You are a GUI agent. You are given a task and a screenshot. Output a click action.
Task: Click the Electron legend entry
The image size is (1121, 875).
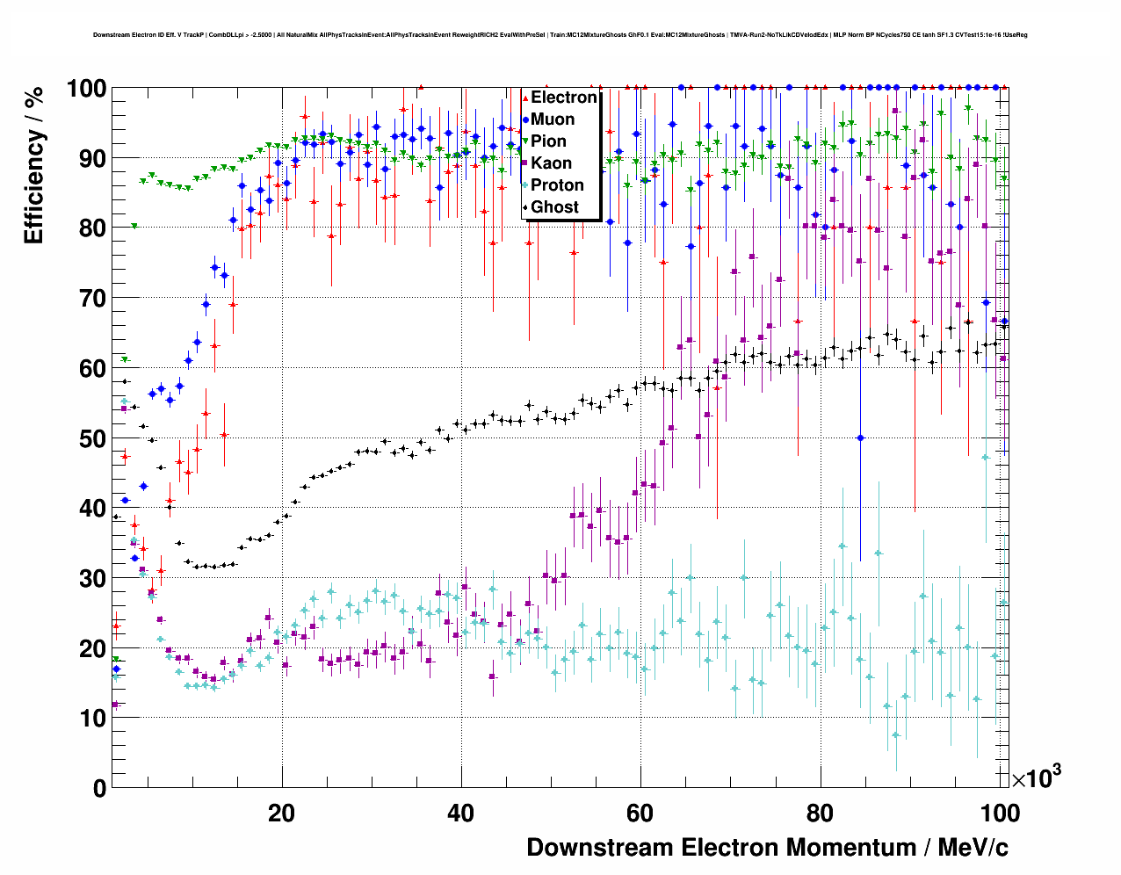point(563,98)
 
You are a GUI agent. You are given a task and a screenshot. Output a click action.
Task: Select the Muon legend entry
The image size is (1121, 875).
point(553,119)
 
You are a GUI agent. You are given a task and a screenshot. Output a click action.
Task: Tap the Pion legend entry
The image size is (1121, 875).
point(548,141)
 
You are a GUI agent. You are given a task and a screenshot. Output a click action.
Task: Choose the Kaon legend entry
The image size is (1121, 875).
point(551,163)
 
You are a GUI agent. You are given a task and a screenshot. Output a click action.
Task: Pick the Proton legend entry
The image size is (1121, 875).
point(557,185)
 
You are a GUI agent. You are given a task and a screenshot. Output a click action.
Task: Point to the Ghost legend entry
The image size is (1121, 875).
point(554,207)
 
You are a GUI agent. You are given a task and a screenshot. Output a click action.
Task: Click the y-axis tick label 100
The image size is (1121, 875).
point(86,89)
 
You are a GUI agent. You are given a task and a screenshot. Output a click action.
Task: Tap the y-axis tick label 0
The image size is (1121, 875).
point(99,788)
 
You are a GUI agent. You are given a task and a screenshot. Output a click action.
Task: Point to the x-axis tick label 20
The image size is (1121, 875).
point(281,813)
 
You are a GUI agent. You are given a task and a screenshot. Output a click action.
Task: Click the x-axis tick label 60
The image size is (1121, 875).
point(640,813)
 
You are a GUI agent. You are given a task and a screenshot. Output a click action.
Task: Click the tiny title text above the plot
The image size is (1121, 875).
point(560,35)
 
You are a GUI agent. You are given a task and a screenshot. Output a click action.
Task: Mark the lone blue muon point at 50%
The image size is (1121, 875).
point(860,437)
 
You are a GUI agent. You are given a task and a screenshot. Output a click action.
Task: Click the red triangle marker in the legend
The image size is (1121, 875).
point(525,98)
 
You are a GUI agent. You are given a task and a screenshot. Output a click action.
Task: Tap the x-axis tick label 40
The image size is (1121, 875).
point(460,813)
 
